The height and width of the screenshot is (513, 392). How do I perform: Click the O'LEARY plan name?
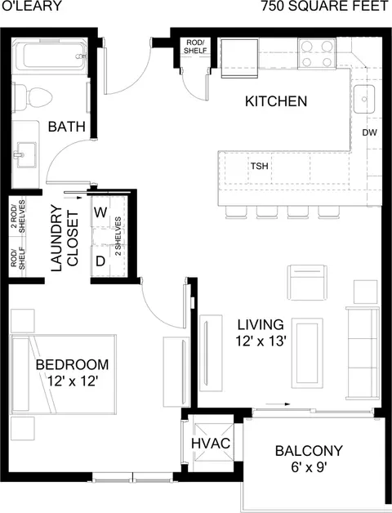31,6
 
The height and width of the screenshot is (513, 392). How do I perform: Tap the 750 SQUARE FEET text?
324,6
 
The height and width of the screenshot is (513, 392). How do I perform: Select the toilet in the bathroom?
32,97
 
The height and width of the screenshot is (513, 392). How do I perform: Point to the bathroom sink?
25,154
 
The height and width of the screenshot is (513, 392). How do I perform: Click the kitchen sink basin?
364,99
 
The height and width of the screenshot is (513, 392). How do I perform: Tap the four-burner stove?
317,53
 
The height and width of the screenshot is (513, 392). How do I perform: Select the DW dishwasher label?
369,132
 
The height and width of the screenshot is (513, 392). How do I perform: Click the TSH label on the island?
260,166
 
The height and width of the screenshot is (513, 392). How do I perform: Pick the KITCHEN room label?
276,101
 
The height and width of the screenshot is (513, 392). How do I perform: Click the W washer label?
100,212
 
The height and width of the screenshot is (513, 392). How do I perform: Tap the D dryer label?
100,261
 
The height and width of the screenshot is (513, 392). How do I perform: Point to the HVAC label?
211,444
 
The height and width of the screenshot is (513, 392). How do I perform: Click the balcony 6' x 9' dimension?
310,467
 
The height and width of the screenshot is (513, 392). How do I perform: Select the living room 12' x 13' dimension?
261,341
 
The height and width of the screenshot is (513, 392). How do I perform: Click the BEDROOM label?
72,364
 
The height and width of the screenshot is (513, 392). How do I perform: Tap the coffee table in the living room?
307,353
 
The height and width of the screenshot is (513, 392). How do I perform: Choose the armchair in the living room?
307,283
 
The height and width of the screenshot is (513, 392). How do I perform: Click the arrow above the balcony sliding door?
278,404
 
